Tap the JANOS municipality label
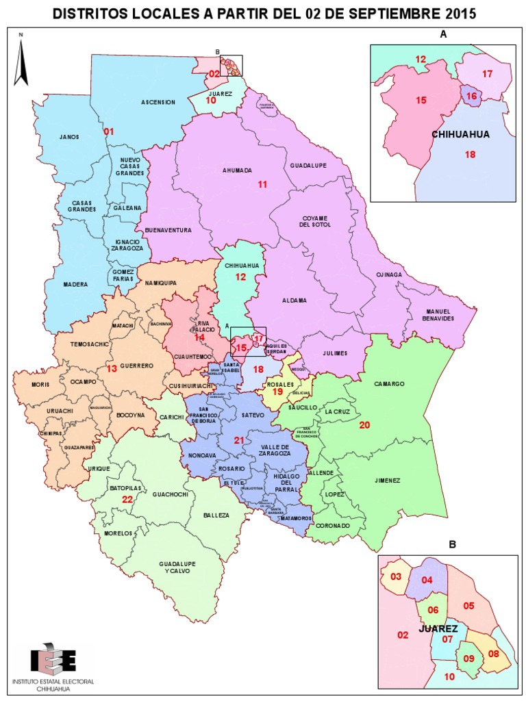(x=69, y=137)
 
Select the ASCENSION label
(x=158, y=102)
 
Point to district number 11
(x=263, y=185)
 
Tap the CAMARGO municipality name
(x=389, y=383)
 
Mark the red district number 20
(x=365, y=425)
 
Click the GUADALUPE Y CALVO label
(x=177, y=568)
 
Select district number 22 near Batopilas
(x=127, y=500)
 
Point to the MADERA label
(x=75, y=285)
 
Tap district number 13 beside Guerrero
(x=111, y=369)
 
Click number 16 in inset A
(x=471, y=97)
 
